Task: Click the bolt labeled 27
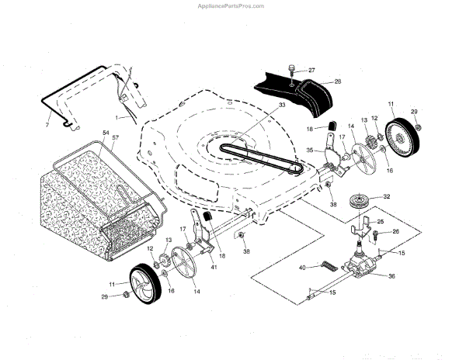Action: (x=290, y=71)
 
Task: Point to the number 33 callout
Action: (x=260, y=104)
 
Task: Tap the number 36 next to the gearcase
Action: (x=391, y=276)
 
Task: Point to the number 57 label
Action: (x=116, y=138)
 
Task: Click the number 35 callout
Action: (x=309, y=151)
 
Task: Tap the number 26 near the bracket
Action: (x=396, y=231)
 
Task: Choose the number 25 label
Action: (x=379, y=222)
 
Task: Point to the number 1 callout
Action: (x=116, y=116)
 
